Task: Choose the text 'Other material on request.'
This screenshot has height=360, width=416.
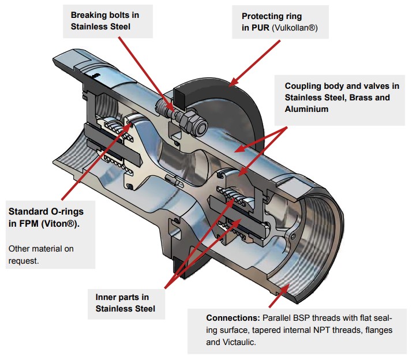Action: (41, 254)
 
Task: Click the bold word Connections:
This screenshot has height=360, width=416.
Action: (232, 318)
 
